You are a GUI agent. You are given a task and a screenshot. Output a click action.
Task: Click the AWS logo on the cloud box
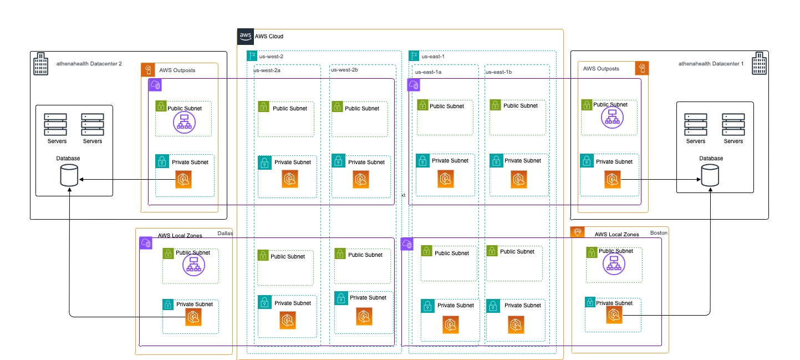click(x=245, y=36)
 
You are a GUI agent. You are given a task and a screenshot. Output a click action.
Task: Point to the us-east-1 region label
click(x=433, y=56)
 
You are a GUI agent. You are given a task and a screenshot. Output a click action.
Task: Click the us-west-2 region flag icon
click(x=252, y=56)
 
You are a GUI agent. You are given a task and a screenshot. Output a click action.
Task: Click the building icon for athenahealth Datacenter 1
click(x=759, y=64)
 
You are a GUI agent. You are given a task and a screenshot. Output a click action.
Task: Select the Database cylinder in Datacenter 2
click(x=69, y=177)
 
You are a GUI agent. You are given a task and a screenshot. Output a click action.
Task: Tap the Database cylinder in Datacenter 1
click(x=711, y=176)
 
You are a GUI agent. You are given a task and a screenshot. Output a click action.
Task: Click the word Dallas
click(x=225, y=234)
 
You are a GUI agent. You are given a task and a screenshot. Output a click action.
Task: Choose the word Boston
click(x=659, y=233)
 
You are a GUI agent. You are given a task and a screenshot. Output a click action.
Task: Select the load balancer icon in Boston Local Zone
click(x=612, y=263)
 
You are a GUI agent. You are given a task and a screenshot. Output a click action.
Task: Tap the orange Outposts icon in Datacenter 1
click(x=641, y=68)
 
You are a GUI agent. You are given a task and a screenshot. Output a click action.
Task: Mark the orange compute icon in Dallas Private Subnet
click(x=193, y=317)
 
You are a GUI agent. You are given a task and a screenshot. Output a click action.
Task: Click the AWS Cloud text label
click(x=269, y=37)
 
